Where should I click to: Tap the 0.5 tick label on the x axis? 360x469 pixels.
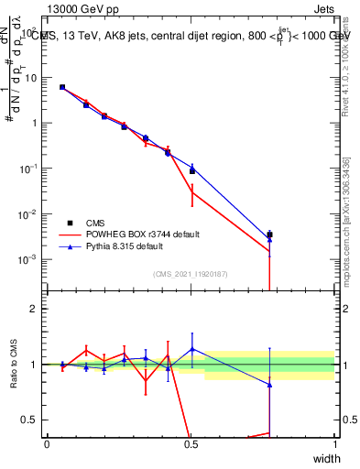[191, 444]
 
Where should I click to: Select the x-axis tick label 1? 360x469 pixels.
[335, 444]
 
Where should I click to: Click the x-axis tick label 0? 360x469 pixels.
[48, 444]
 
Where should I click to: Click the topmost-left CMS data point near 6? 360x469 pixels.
[62, 87]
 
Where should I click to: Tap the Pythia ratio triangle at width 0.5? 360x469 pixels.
[191, 349]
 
